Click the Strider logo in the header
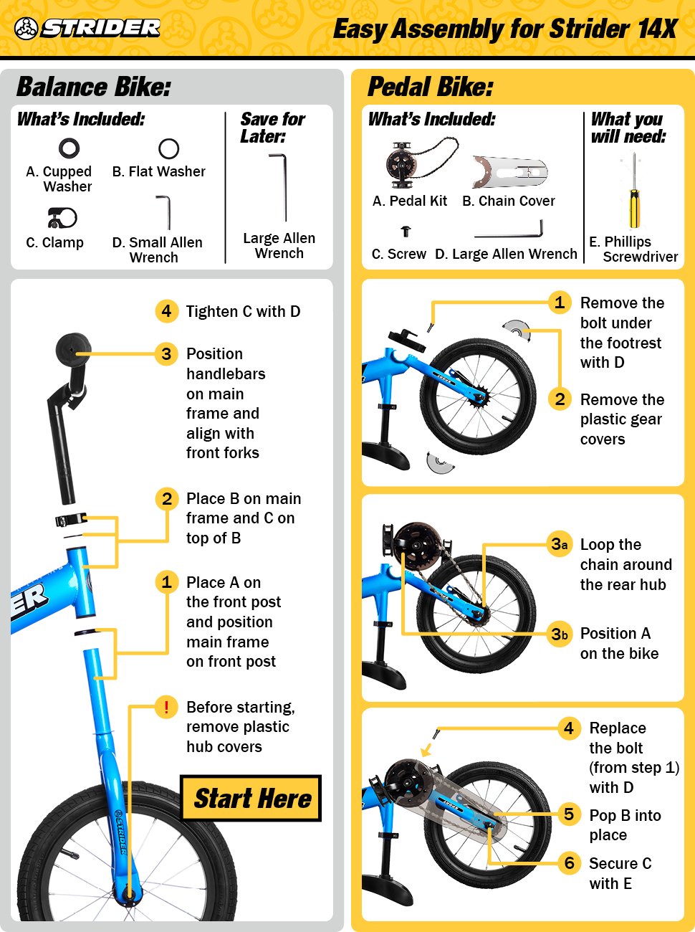87,28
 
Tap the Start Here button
251,798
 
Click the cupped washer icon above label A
69,148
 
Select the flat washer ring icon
168,148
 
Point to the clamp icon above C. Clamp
62,217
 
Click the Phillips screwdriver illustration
634,191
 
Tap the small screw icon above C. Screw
406,232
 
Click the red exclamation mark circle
166,707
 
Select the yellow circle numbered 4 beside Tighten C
166,311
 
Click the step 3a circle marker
560,544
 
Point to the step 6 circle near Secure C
569,862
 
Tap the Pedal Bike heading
430,87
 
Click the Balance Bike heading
94,87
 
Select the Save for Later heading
272,128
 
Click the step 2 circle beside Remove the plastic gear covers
560,399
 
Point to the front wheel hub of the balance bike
128,894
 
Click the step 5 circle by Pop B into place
569,814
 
